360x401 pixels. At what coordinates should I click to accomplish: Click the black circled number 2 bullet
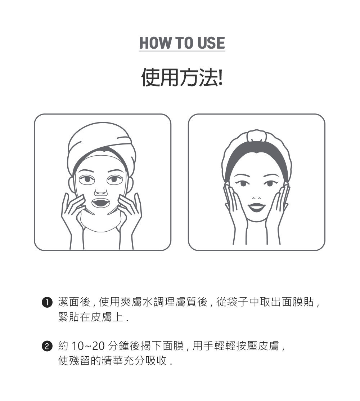click(47, 347)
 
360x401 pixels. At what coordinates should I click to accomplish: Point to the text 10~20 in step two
click(88, 346)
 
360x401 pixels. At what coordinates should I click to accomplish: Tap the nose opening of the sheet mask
click(100, 192)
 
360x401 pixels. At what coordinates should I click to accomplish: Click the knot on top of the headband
click(257, 136)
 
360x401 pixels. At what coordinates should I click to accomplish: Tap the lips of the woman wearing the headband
click(257, 207)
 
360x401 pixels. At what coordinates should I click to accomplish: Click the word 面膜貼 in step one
click(298, 302)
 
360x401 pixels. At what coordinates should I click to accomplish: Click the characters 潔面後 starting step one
click(74, 302)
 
